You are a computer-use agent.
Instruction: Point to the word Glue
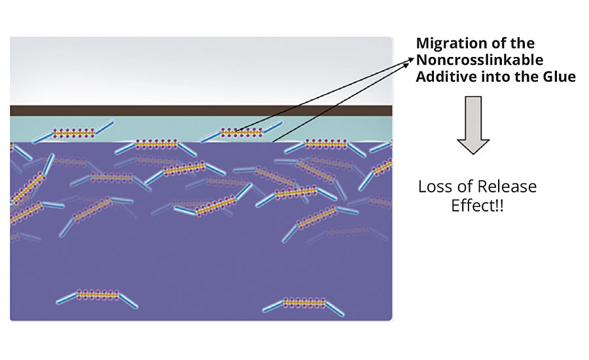(560, 77)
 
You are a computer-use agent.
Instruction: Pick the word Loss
(435, 187)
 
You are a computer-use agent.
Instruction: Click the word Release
(507, 187)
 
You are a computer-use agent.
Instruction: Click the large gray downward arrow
(473, 125)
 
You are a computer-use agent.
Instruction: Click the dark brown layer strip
(196, 111)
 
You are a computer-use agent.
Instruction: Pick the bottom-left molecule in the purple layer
(97, 295)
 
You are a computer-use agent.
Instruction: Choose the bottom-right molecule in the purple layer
(302, 303)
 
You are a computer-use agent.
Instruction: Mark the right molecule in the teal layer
(241, 132)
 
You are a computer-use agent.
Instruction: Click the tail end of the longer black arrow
(272, 141)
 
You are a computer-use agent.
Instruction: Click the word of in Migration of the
(495, 44)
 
